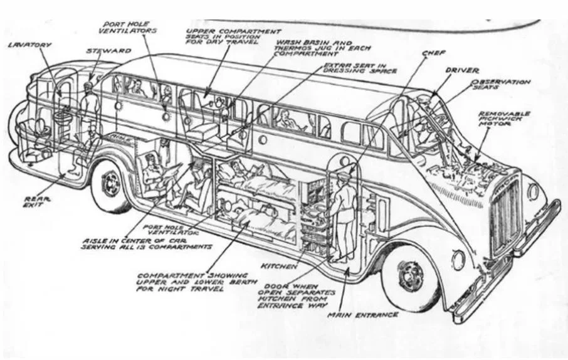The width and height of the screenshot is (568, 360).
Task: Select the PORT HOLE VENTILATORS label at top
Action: tap(130, 27)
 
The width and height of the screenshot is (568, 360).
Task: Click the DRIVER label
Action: tap(463, 71)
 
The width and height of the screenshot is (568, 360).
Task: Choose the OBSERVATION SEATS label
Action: tap(501, 85)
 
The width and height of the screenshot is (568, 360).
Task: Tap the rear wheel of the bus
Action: tap(112, 184)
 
